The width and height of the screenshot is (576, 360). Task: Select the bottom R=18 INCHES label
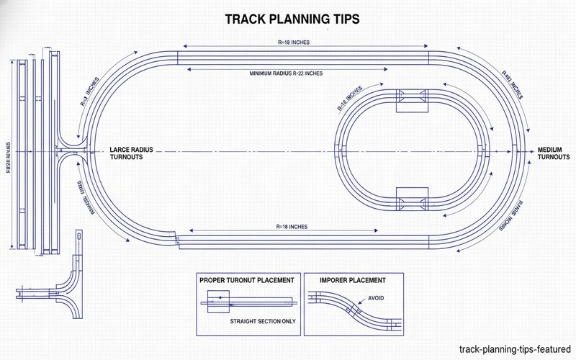pyautogui.click(x=291, y=227)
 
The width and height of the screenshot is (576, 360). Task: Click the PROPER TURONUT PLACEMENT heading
pyautogui.click(x=247, y=279)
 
